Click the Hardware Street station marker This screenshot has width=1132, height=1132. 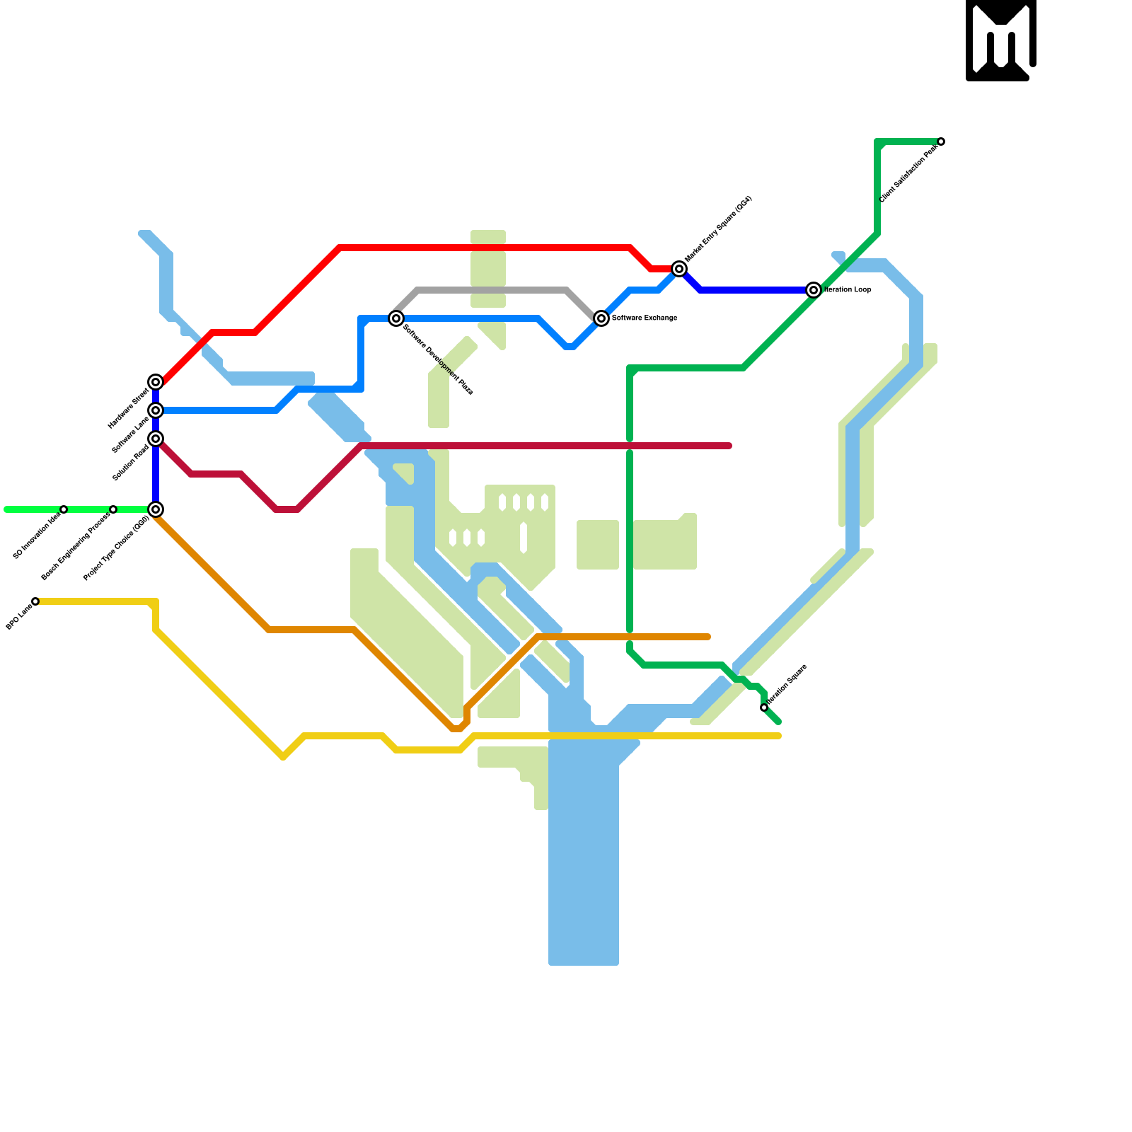click(156, 382)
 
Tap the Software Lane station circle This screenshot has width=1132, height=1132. click(156, 410)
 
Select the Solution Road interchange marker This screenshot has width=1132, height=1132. click(156, 439)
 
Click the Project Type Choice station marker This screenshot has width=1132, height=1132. click(156, 509)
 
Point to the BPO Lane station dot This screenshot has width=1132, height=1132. click(35, 601)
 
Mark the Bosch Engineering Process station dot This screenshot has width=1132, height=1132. click(113, 509)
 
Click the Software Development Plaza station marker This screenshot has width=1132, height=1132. click(396, 318)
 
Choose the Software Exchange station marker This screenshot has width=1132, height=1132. click(601, 318)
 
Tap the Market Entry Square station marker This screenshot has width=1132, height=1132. click(679, 269)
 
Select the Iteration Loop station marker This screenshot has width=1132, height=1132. click(814, 290)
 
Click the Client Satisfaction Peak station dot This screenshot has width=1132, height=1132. click(941, 141)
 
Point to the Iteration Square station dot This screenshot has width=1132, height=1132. click(764, 707)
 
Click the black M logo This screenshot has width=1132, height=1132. click(1000, 40)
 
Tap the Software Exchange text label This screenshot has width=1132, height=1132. click(645, 318)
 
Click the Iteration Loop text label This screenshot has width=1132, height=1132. click(848, 290)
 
